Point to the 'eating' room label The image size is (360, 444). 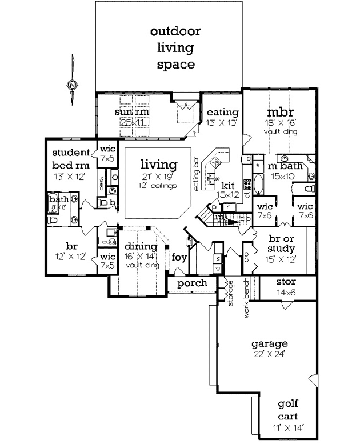click(222, 111)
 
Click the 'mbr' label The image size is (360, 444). click(281, 111)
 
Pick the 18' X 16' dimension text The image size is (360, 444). click(281, 122)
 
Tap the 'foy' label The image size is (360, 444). click(179, 257)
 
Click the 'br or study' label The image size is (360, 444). click(281, 243)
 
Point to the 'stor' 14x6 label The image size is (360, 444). click(285, 282)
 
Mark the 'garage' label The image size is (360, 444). click(269, 344)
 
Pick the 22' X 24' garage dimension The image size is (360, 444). click(269, 354)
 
